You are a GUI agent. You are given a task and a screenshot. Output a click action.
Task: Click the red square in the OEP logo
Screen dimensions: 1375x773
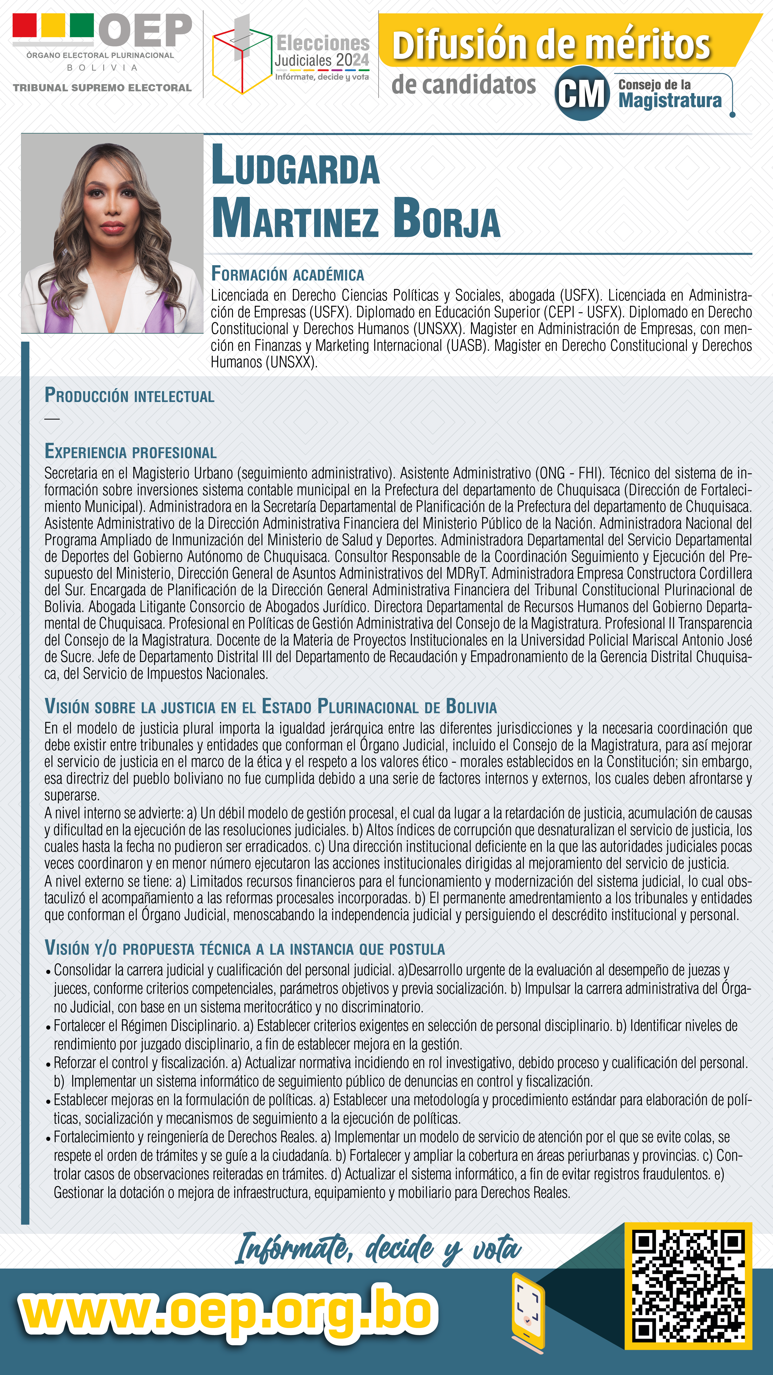pos(24,25)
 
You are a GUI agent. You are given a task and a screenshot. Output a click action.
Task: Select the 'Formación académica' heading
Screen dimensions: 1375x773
pos(287,274)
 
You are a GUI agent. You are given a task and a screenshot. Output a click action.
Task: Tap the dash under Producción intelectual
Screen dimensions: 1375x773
pos(52,419)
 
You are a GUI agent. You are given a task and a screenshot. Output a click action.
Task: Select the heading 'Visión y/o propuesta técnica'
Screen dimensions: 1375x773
pos(244,948)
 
